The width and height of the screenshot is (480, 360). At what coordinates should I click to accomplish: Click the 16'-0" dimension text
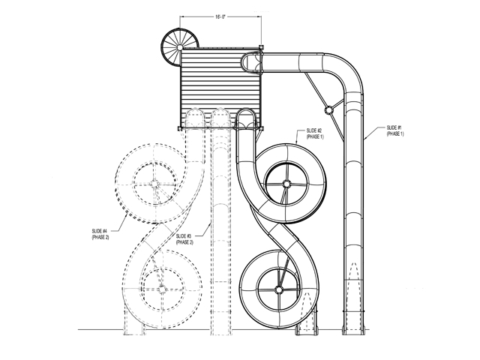(x=220, y=17)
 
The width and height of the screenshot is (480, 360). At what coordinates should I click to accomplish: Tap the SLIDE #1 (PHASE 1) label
(x=395, y=130)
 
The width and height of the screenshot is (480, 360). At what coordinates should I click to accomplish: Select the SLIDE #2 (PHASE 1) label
(x=315, y=133)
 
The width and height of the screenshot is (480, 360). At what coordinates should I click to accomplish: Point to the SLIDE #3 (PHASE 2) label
(x=184, y=239)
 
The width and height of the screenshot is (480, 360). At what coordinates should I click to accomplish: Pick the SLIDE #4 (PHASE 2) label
(x=100, y=234)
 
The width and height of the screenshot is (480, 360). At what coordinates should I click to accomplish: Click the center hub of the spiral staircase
(x=180, y=47)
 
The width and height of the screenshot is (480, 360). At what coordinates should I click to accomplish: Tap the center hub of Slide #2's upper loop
(x=286, y=184)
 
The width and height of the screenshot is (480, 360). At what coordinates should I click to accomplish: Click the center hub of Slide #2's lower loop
(x=278, y=289)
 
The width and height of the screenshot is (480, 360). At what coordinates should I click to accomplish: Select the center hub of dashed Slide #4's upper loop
(x=154, y=184)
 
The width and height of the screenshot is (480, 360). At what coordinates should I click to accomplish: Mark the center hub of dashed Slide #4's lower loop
(x=161, y=289)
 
